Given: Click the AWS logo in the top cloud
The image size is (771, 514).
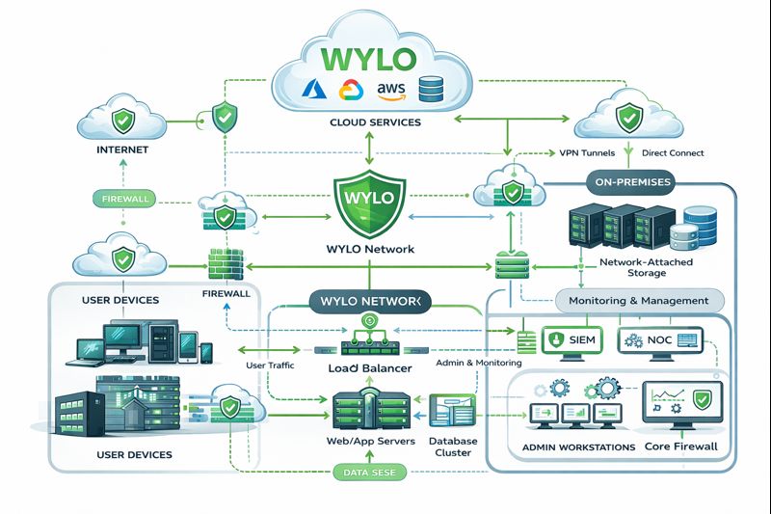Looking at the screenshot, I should [x=393, y=89].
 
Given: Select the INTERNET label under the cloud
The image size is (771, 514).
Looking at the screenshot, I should [x=121, y=151].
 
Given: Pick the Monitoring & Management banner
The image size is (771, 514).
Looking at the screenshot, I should [x=639, y=301].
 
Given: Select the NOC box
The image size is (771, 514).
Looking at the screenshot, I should [x=662, y=340].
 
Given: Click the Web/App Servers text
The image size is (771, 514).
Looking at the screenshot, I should [x=371, y=441].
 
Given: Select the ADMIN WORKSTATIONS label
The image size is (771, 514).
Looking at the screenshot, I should [x=577, y=447].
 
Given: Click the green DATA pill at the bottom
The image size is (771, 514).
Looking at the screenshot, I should [x=372, y=473].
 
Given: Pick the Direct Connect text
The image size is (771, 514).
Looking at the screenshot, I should [x=672, y=153].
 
